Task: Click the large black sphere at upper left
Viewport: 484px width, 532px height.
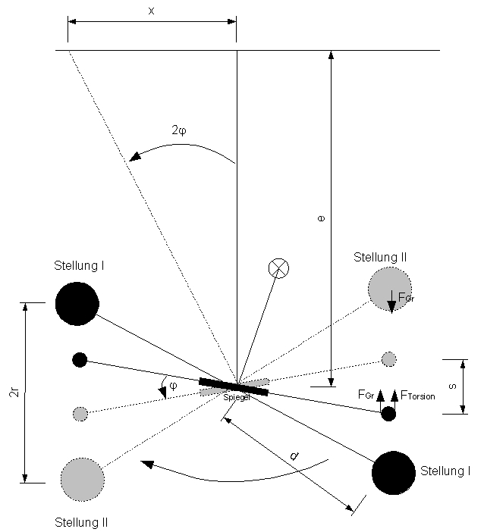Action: pyautogui.click(x=77, y=303)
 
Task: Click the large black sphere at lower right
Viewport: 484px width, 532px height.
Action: pyautogui.click(x=393, y=472)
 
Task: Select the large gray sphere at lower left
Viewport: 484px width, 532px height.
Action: pyautogui.click(x=82, y=479)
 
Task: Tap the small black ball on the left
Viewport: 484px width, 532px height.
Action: pyautogui.click(x=80, y=359)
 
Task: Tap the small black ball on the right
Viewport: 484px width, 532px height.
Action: pyautogui.click(x=388, y=414)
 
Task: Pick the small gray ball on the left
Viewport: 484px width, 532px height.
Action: pyautogui.click(x=80, y=414)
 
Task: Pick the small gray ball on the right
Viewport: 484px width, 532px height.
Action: pyautogui.click(x=388, y=358)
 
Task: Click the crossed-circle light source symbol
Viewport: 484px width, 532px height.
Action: pyautogui.click(x=279, y=268)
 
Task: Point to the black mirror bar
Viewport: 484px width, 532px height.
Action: pyautogui.click(x=234, y=386)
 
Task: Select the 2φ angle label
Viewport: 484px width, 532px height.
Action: pyautogui.click(x=179, y=130)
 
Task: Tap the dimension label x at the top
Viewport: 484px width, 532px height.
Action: pyautogui.click(x=151, y=10)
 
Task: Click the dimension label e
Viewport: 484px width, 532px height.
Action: pyautogui.click(x=321, y=218)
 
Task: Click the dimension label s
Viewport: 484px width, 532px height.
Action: pyautogui.click(x=452, y=386)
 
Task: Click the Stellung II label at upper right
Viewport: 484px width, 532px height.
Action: pyautogui.click(x=380, y=258)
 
